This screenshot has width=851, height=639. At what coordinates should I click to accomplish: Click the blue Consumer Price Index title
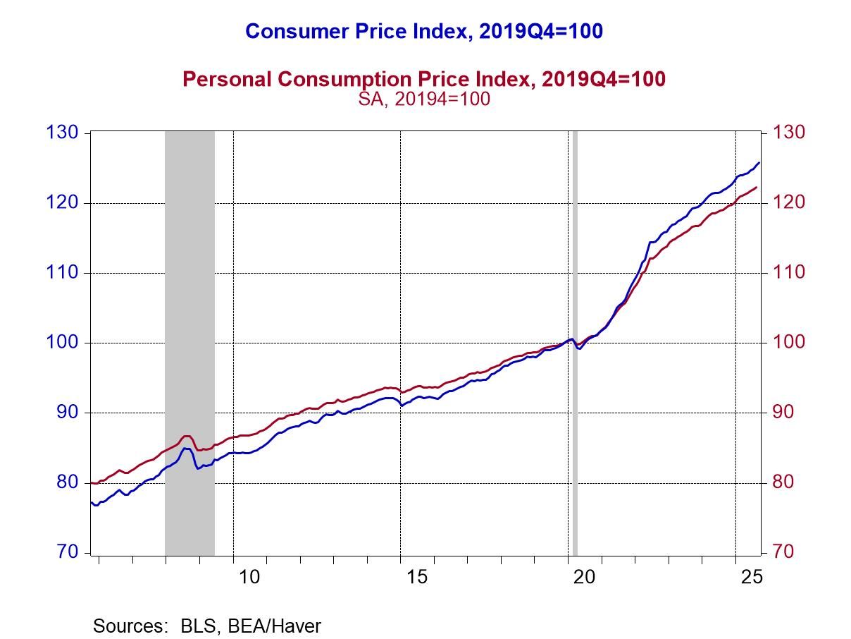(423, 32)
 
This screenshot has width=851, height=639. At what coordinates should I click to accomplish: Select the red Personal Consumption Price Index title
(423, 79)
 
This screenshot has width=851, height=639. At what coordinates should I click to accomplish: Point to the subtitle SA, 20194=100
(423, 99)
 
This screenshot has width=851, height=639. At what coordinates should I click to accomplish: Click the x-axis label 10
(249, 577)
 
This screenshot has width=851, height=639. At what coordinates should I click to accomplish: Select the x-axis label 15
(417, 577)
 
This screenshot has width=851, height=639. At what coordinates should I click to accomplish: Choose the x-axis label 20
(585, 577)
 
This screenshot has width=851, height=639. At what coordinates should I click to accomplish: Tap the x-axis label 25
(752, 577)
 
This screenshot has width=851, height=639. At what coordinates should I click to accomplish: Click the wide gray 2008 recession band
(190, 282)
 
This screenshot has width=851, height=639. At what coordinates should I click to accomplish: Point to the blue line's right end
(759, 163)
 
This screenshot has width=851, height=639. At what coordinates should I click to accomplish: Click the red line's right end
(757, 188)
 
